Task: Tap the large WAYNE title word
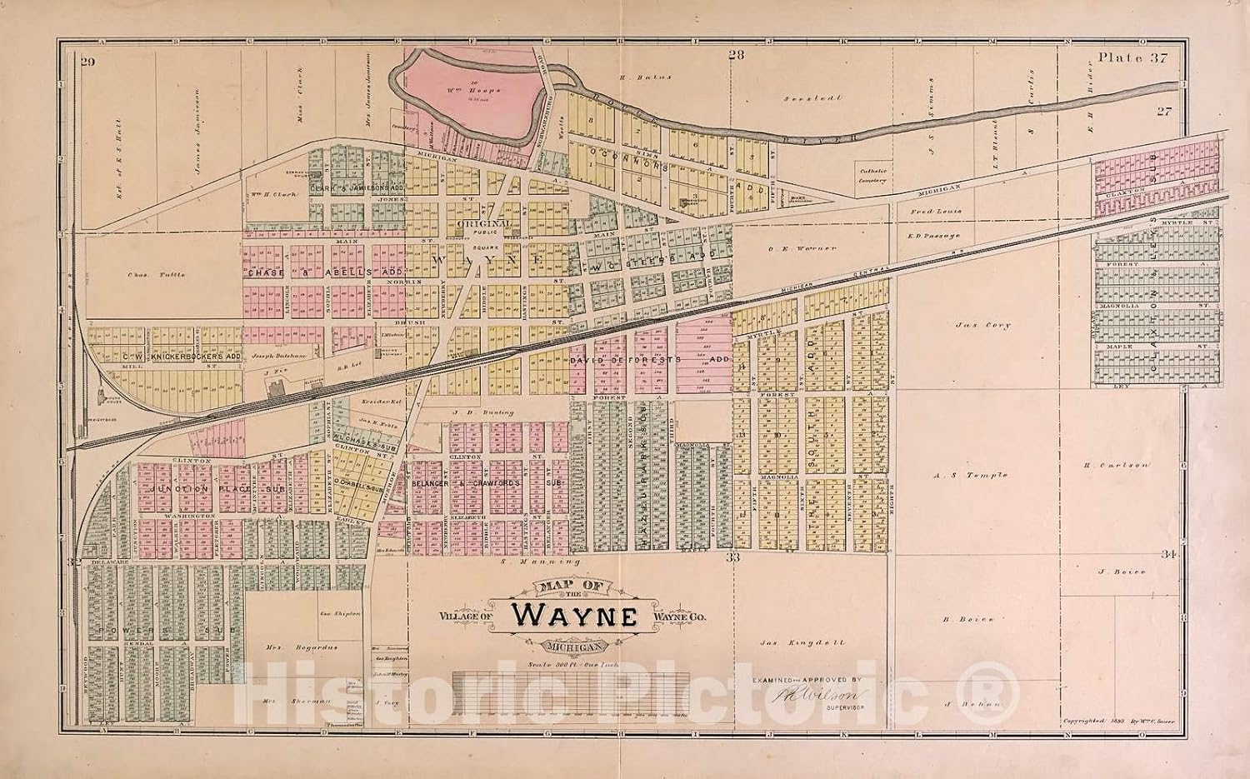[x=575, y=615]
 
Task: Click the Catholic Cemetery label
[x=872, y=175]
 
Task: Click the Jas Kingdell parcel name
[x=791, y=642]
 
